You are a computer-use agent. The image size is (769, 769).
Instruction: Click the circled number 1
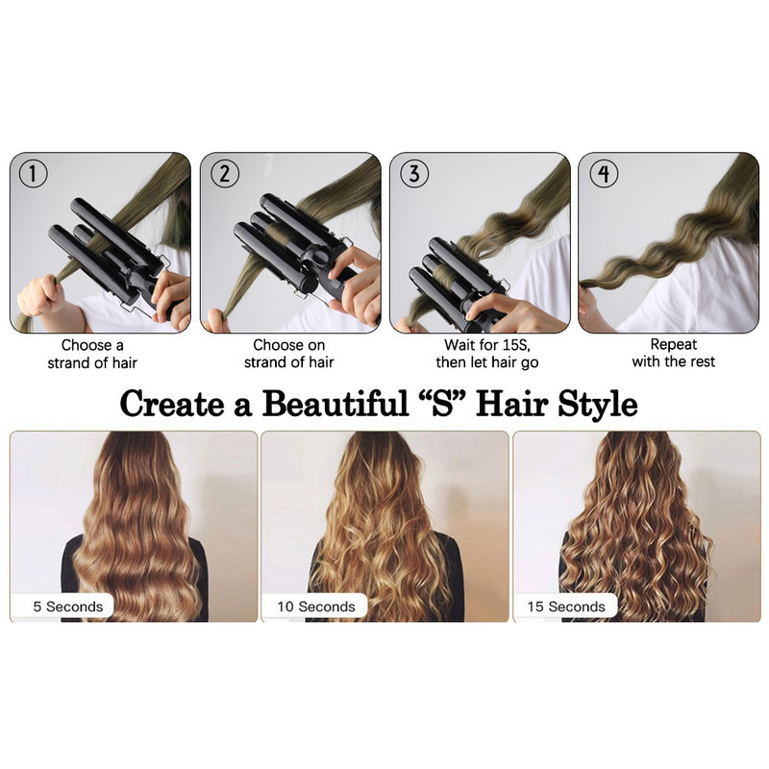[x=33, y=174]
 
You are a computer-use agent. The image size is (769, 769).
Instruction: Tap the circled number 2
[x=225, y=174]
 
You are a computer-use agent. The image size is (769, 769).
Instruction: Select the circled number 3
[x=414, y=174]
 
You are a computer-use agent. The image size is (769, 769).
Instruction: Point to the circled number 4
[x=604, y=174]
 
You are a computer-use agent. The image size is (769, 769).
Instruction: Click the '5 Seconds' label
[x=68, y=607]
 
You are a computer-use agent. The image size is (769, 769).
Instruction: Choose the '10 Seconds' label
[x=316, y=607]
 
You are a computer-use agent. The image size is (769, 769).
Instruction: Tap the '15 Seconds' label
[x=566, y=607]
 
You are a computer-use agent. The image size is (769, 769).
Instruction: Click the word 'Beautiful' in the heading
[x=335, y=404]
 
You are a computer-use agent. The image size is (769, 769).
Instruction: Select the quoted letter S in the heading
[x=442, y=403]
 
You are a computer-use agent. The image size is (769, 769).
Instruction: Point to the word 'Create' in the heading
[x=172, y=404]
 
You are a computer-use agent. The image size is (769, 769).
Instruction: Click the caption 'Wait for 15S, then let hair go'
[x=487, y=354]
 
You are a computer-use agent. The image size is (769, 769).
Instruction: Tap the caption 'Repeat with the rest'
[x=674, y=353]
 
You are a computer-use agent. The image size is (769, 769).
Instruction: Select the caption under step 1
[x=92, y=354]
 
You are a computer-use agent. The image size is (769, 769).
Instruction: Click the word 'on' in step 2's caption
[x=316, y=346]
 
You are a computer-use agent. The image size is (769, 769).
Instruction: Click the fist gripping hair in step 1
[x=40, y=295]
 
